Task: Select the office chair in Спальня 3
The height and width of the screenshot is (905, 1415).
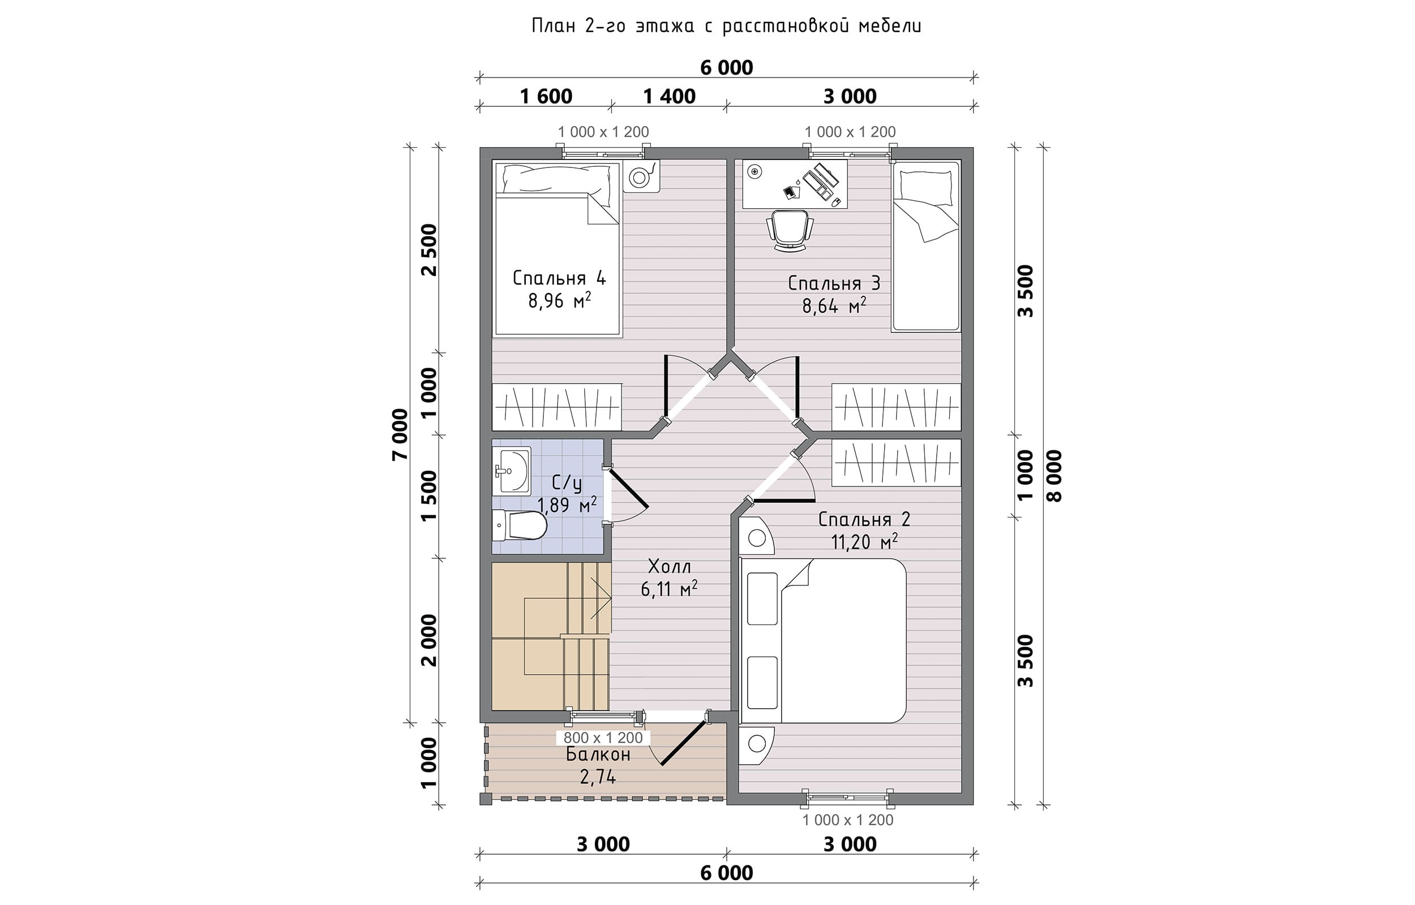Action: pos(790,231)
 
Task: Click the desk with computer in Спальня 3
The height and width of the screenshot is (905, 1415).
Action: pos(795,184)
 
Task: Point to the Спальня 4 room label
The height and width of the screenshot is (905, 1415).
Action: pos(559,278)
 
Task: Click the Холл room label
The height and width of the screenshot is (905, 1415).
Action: pos(669,567)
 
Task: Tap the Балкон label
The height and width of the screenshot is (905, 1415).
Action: pos(598,755)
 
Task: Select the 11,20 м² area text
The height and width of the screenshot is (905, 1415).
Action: pos(864,541)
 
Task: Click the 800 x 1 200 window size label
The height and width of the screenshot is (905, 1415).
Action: pos(603,738)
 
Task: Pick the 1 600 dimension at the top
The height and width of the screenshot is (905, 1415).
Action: pos(546,96)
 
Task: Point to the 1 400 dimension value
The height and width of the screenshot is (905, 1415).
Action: pos(670,96)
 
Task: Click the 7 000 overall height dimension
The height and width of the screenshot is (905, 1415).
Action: pos(400,434)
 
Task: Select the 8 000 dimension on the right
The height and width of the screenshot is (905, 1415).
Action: pos(1055,476)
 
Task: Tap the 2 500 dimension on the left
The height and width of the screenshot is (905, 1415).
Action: pos(430,250)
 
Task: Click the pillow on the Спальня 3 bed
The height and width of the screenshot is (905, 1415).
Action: pos(926,185)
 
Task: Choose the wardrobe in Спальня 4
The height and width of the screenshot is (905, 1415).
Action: pos(557,407)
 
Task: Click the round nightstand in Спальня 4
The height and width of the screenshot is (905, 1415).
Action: pos(641,176)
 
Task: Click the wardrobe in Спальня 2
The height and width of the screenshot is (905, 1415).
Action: pos(897,463)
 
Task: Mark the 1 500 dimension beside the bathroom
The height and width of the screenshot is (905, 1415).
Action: pos(430,495)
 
